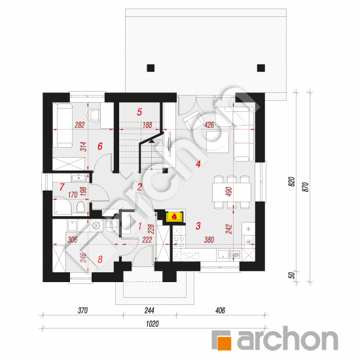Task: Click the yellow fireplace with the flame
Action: [175, 217]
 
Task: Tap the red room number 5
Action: [139, 112]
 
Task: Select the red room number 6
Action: [100, 146]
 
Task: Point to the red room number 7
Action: [62, 187]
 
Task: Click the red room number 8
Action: [100, 259]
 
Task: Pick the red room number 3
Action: [198, 226]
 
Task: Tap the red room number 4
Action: [198, 164]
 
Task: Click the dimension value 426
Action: [209, 125]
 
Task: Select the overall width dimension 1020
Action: [153, 324]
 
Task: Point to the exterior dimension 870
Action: [306, 187]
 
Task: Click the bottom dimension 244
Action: [149, 310]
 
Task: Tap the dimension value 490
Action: [229, 192]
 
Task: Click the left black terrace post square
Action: [151, 68]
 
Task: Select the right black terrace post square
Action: [261, 68]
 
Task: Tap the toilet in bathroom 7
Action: [81, 207]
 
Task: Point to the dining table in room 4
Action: [232, 192]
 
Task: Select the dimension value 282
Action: [80, 125]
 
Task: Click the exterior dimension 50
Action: [291, 275]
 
